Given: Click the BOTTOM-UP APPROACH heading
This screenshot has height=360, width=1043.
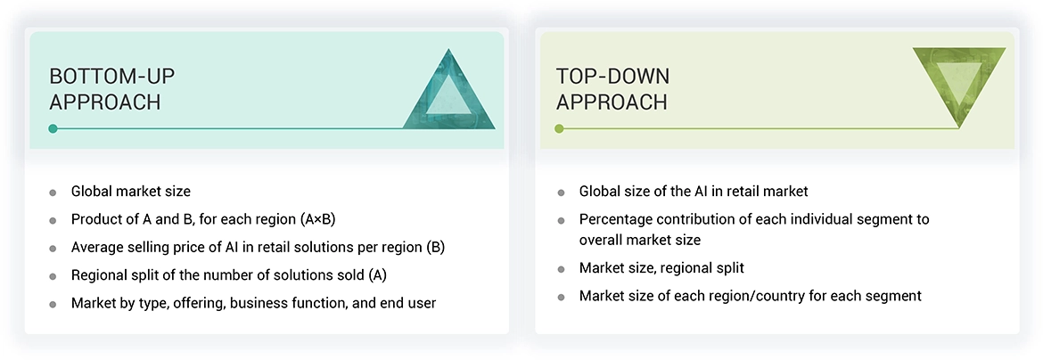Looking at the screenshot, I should [105, 88].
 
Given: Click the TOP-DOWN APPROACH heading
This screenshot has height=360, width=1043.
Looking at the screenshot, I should [612, 88].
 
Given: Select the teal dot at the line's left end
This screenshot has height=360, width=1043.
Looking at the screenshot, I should [53, 128].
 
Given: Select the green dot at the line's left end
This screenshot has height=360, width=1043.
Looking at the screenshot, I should [559, 128].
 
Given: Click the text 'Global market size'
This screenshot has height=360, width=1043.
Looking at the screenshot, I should [131, 191].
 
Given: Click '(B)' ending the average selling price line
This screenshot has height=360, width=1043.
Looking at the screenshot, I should [435, 247].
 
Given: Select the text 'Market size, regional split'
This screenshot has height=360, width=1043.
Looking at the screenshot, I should [661, 267].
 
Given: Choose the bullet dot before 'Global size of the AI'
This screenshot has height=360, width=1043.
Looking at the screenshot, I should [561, 192].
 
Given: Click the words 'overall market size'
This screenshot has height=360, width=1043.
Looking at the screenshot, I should [640, 240].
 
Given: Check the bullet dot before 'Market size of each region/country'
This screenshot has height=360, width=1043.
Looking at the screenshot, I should [561, 296].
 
